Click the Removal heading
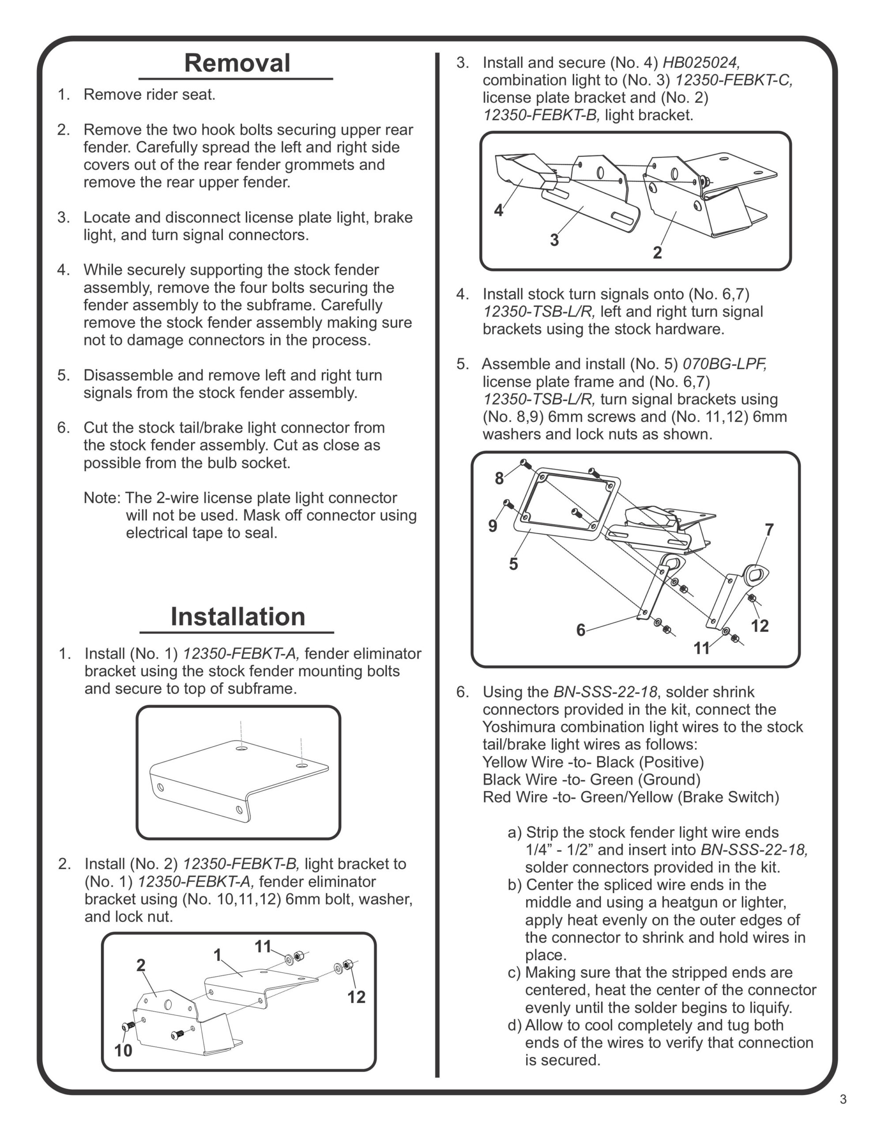237,63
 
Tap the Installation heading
237,617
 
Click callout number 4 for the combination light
498,211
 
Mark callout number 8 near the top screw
499,478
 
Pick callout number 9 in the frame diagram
493,526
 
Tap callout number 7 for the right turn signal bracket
769,529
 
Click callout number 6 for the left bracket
581,630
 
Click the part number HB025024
701,63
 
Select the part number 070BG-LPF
724,364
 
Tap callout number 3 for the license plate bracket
554,240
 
